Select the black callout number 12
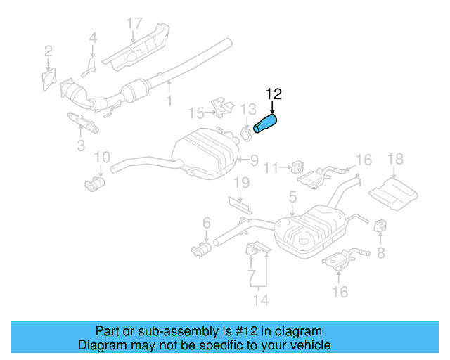(273, 94)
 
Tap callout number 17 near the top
(134, 24)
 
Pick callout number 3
(81, 146)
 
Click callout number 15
(196, 112)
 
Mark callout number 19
(241, 184)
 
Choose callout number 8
(381, 252)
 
